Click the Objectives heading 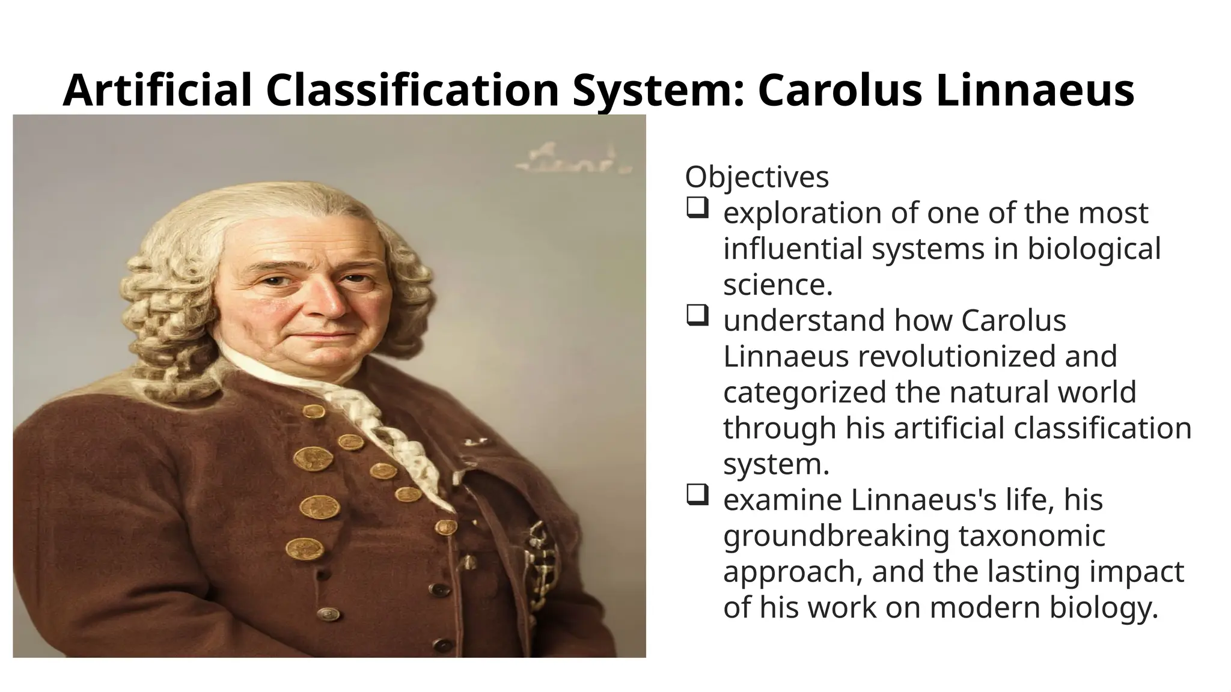[757, 177]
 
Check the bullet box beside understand [696, 317]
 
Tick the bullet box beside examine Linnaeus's [696, 496]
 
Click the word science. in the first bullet [777, 285]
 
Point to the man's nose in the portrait [328, 303]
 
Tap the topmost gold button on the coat [314, 411]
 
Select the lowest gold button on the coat [304, 549]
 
